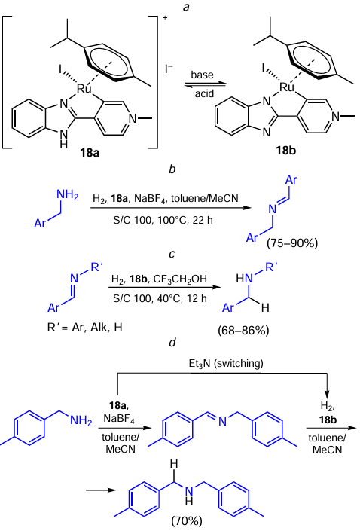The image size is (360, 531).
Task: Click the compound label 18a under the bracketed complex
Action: (x=90, y=153)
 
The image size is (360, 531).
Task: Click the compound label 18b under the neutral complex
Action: (x=286, y=150)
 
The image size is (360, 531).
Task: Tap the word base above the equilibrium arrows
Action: (x=202, y=75)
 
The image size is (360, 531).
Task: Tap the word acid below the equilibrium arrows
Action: (x=204, y=93)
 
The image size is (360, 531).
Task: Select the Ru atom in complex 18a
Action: (x=84, y=89)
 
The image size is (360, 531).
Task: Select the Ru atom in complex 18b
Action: (x=287, y=87)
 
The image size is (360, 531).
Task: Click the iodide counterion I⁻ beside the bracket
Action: (x=169, y=69)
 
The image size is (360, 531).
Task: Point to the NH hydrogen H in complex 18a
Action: (x=64, y=145)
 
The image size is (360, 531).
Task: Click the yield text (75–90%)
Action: (x=292, y=243)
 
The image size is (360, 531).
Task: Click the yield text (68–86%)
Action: (x=243, y=330)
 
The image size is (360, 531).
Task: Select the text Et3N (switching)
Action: (x=226, y=363)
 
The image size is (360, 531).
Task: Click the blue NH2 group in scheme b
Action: (x=67, y=195)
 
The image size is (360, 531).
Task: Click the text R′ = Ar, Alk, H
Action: (x=84, y=328)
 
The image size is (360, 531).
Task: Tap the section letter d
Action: (x=172, y=343)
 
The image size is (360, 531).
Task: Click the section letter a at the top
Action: (x=186, y=7)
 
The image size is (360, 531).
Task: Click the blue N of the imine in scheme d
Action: (x=222, y=421)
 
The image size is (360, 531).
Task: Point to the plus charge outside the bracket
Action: (x=165, y=17)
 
